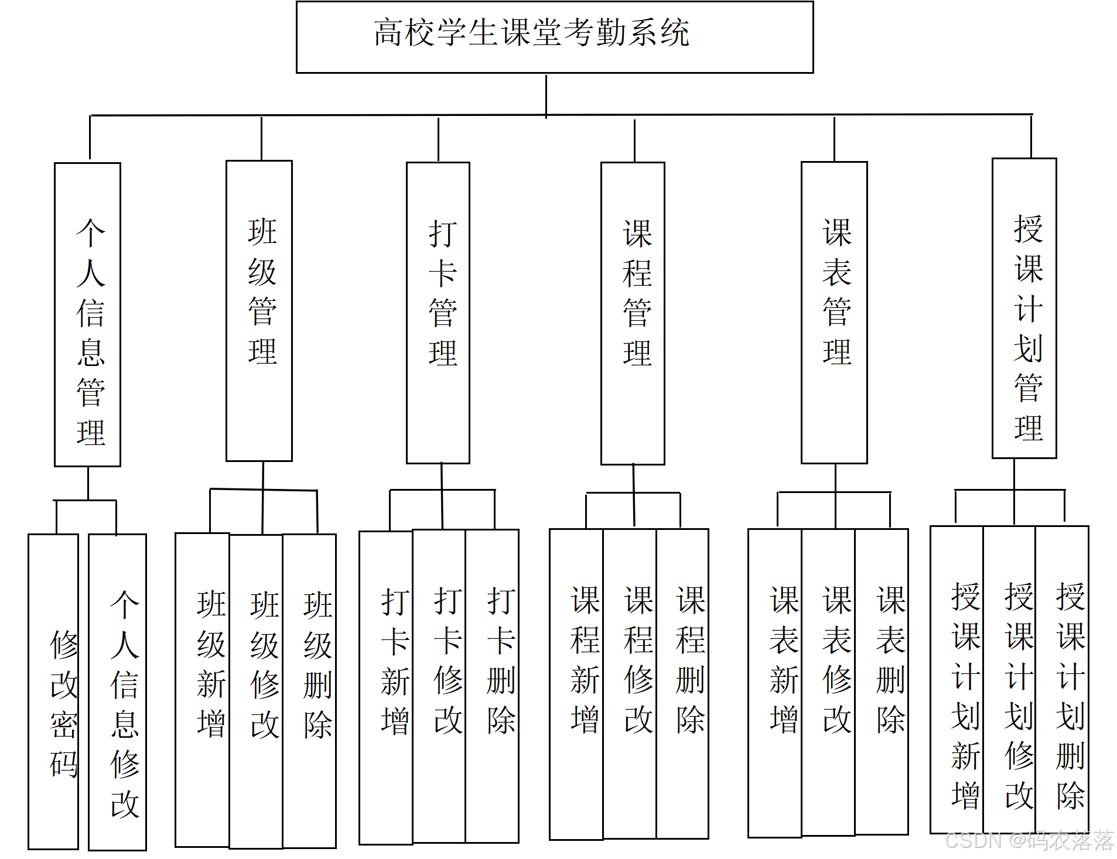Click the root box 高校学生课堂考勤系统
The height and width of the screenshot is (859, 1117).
pos(554,37)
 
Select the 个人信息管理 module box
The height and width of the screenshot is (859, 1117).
pos(88,314)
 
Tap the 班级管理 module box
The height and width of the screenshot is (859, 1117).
pos(259,310)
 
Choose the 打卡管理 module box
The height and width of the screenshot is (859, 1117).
pos(438,313)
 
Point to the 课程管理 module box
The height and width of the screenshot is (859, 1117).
pos(633,313)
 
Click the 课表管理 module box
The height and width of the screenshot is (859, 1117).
pos(834,312)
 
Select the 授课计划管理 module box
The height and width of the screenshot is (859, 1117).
pos(1024,308)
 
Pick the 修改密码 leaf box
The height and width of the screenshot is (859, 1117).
pos(54,691)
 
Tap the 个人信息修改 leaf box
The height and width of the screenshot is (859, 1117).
pos(118,691)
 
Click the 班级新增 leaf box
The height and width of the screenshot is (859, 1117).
pos(203,689)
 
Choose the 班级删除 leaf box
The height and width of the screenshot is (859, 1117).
pos(310,690)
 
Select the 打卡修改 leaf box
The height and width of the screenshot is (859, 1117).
pos(439,686)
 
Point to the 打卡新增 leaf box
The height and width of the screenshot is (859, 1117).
pos(387,687)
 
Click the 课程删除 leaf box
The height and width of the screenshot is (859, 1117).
pos(682,683)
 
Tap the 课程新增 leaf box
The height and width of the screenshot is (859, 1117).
pos(576,684)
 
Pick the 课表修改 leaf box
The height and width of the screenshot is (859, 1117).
pos(828,682)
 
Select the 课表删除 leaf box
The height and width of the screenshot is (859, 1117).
pos(882,682)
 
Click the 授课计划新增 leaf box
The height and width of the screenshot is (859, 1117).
pos(957,679)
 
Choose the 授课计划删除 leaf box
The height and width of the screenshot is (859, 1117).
pos(1062,679)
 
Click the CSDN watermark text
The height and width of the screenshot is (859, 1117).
pos(1029,840)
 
